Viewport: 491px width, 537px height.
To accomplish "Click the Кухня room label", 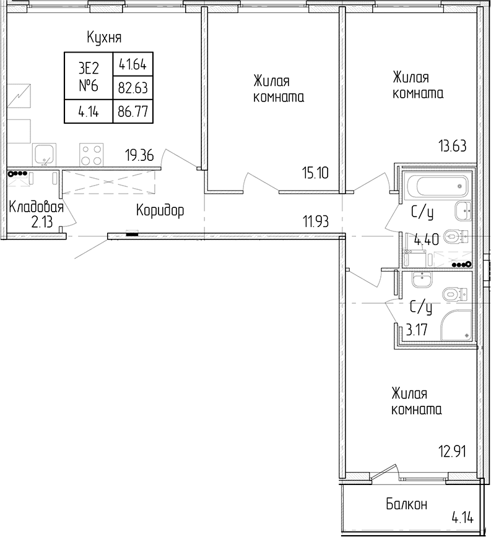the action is coord(104,37).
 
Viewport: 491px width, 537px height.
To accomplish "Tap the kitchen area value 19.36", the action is coord(139,156).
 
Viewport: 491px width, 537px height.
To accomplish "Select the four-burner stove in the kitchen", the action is coord(92,154).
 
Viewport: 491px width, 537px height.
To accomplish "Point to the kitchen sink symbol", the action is coord(44,154).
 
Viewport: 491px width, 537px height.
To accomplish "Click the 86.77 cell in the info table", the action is coord(133,111).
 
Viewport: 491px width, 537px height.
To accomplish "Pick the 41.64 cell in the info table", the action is coord(133,64).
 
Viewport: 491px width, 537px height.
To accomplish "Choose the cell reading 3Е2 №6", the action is coord(89,76).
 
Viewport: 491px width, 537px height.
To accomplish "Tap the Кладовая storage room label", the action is coord(37,207).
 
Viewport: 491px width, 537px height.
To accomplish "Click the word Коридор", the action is coord(160,210).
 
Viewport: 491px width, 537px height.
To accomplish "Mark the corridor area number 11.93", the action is coord(316,222).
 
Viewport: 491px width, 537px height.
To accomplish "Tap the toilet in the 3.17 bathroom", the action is coord(455,294).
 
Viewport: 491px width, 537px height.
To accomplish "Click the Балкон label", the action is coord(407,504).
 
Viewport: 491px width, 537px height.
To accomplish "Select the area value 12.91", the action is coord(453,452).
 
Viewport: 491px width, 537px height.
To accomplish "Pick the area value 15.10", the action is coord(315,173).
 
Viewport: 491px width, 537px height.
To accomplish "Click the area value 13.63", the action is coord(453,146).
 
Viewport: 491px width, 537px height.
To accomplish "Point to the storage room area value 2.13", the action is coord(42,222).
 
